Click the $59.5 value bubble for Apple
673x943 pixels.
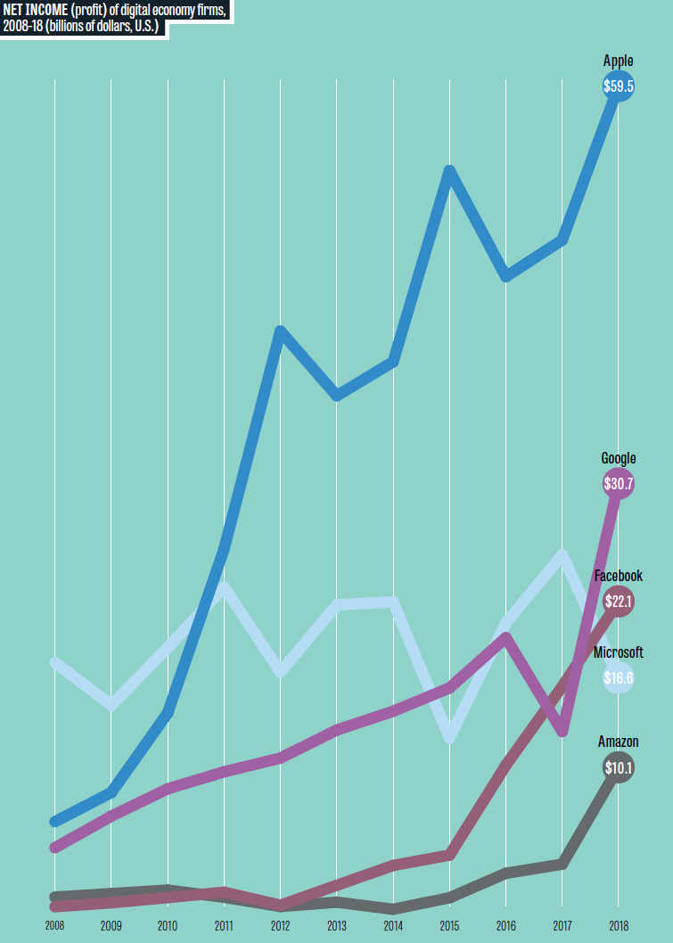(x=618, y=87)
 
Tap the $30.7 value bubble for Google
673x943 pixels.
(x=618, y=485)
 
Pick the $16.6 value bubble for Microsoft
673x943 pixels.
(x=618, y=678)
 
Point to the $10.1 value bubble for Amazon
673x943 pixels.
(x=618, y=767)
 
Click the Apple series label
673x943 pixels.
(x=618, y=61)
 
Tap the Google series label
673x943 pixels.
(x=618, y=459)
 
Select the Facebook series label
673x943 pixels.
(x=618, y=577)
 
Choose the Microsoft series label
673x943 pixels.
(x=618, y=652)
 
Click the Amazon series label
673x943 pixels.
(x=618, y=742)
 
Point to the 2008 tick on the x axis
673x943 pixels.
(x=54, y=925)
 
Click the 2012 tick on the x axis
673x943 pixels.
(x=280, y=925)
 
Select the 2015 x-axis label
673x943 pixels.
(x=449, y=925)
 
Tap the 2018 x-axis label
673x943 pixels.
(x=618, y=925)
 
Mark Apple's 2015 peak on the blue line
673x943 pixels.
(x=450, y=170)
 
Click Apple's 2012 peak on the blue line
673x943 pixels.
(x=281, y=332)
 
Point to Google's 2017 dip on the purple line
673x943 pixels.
(x=562, y=732)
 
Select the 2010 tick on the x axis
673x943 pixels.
(x=168, y=925)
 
